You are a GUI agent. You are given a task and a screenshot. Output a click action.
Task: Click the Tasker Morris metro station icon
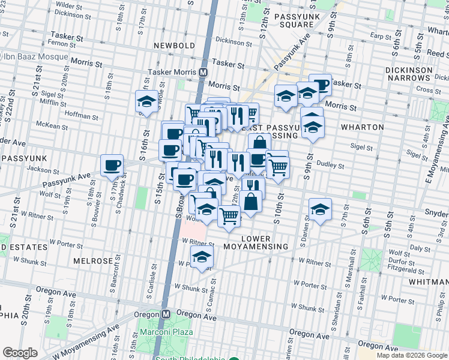pos(203,71)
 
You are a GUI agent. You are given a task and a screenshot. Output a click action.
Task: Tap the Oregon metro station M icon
pos(167,314)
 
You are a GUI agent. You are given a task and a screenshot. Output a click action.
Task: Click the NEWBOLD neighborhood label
pos(173,46)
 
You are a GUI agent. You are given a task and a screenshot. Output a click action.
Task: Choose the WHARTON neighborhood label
pos(362,127)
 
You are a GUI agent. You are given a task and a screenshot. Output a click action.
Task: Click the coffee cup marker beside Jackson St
pos(111,166)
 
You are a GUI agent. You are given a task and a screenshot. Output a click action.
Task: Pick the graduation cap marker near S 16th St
pos(146,102)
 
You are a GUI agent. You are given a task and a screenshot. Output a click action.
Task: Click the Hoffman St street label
pos(76,113)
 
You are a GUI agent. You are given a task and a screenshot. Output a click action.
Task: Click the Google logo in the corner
pos(20,353)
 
